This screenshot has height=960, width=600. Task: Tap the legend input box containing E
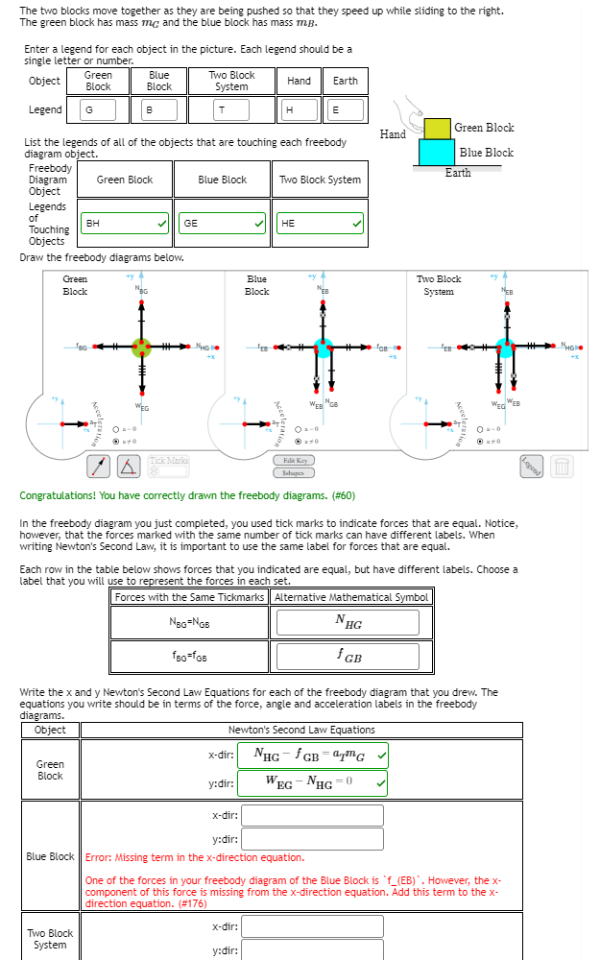coord(346,110)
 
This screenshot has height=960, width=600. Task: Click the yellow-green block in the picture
coord(438,128)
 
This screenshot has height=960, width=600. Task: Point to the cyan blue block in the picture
coord(438,152)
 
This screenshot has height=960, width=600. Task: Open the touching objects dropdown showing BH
coord(125,223)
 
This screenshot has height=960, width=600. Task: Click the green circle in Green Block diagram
coord(141,347)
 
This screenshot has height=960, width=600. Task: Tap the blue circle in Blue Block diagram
coord(323,347)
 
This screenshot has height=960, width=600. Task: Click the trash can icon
coord(564,468)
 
